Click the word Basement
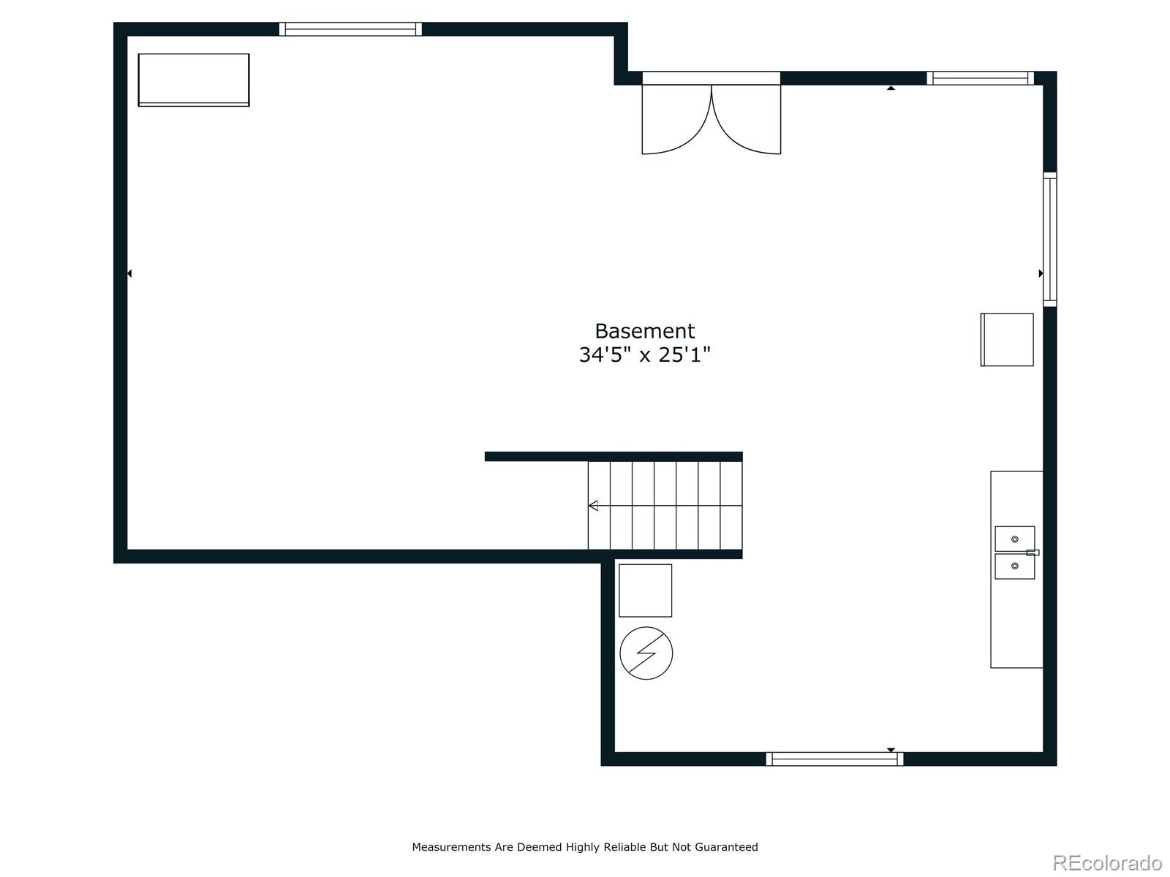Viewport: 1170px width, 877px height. (644, 331)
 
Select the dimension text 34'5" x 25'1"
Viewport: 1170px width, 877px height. (644, 355)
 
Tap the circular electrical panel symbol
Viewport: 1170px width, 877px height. (646, 653)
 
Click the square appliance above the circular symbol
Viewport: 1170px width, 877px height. (645, 591)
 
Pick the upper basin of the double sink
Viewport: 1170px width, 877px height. (1014, 539)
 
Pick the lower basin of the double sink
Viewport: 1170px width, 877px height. (1014, 566)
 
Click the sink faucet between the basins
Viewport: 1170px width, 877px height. (1032, 553)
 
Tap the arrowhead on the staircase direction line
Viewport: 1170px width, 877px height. (593, 506)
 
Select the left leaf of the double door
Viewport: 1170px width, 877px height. (676, 121)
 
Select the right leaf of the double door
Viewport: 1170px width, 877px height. (747, 121)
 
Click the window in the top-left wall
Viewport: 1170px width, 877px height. (350, 29)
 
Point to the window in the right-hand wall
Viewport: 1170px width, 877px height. (1049, 239)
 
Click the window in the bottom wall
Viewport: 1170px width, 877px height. (834, 759)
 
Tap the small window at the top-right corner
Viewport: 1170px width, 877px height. (980, 78)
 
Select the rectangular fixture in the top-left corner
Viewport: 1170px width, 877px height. (194, 80)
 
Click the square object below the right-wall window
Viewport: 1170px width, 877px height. (1007, 340)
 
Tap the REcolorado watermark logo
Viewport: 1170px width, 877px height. (1107, 863)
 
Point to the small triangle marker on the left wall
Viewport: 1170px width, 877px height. (129, 273)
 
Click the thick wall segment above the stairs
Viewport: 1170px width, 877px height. (613, 457)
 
